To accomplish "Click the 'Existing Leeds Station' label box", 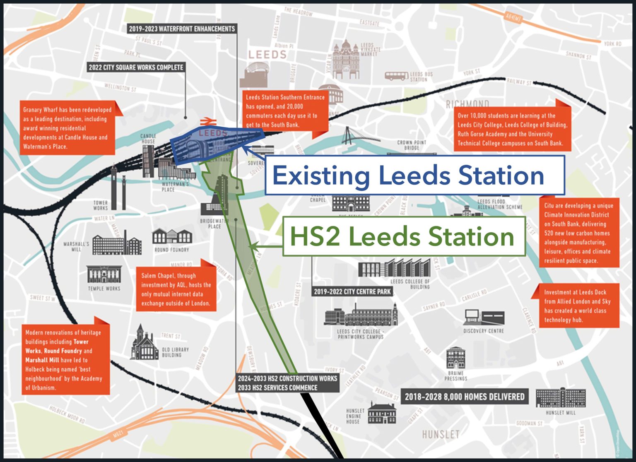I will [x=415, y=175].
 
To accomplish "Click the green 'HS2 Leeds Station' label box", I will [x=404, y=236].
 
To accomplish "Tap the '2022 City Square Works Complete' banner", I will [x=136, y=67].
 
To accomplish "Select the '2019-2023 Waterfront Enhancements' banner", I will [x=182, y=29].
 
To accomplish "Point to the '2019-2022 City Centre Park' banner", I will [x=352, y=291].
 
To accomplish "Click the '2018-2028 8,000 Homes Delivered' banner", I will [x=464, y=397].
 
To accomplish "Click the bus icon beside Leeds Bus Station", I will [x=396, y=76].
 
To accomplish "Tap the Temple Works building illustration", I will [x=104, y=274].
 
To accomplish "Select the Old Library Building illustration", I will [x=145, y=344].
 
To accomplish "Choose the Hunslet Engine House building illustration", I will [x=382, y=413].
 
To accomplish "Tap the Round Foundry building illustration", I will [x=172, y=237].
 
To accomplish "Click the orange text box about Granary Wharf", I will [x=68, y=128].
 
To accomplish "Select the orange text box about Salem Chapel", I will [x=176, y=289].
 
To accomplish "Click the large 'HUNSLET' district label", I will [x=441, y=434].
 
